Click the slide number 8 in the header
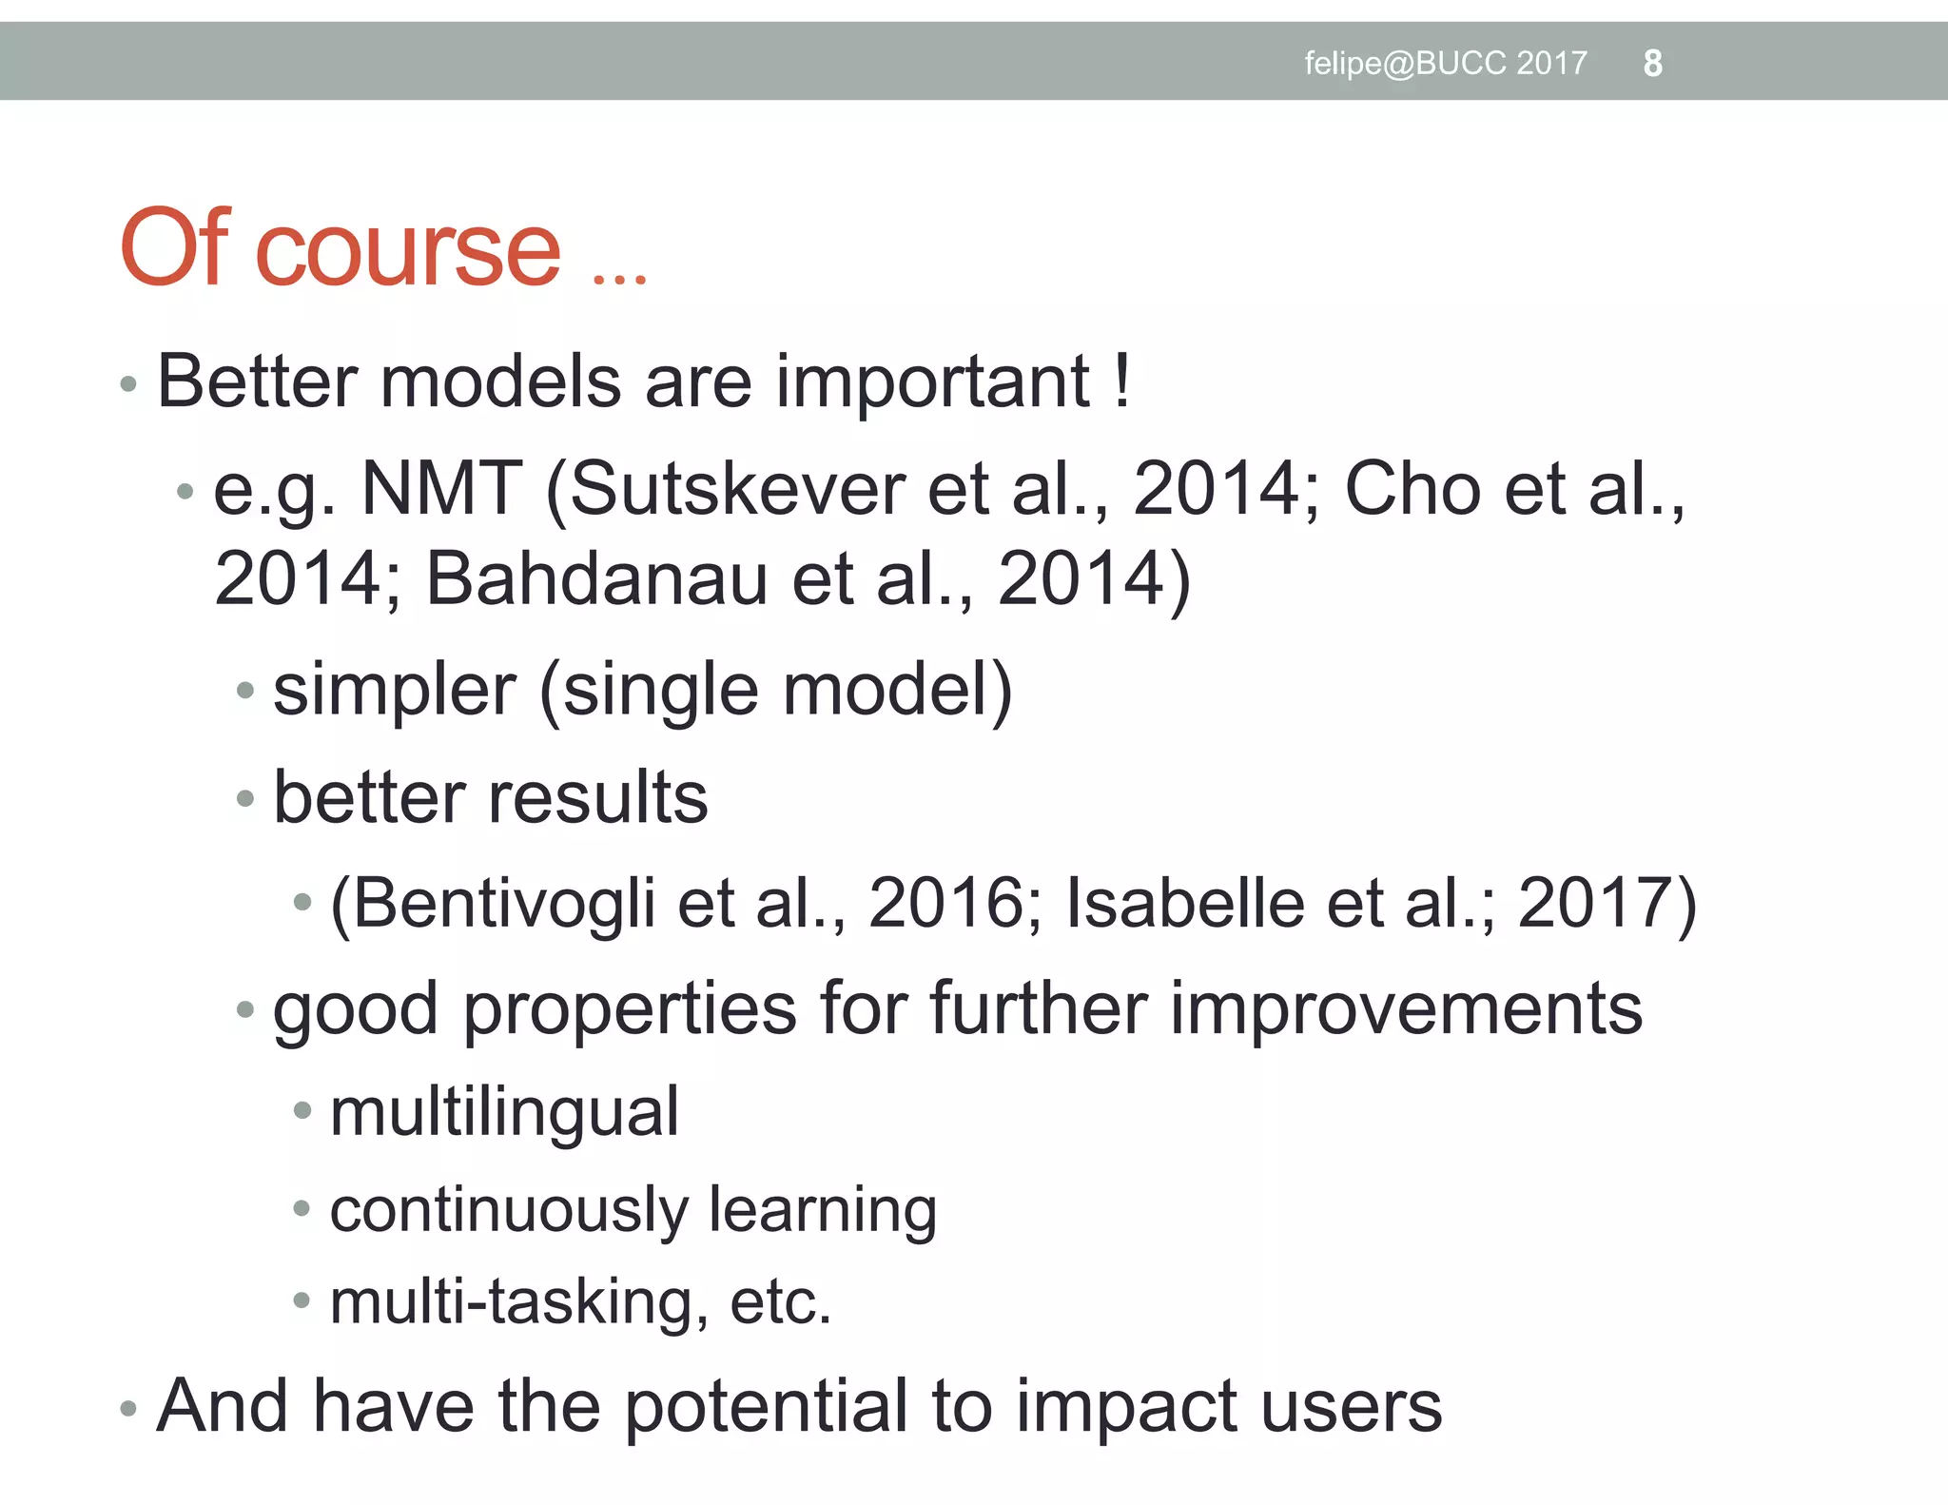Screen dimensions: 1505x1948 (1652, 64)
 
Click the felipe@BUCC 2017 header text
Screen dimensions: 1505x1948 (1445, 64)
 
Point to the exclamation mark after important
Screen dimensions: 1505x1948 (1123, 382)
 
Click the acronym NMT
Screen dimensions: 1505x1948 (442, 489)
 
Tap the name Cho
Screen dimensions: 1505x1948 (1412, 489)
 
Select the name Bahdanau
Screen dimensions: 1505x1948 (596, 578)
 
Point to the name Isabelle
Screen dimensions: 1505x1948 (1184, 904)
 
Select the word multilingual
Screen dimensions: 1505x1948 (504, 1111)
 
